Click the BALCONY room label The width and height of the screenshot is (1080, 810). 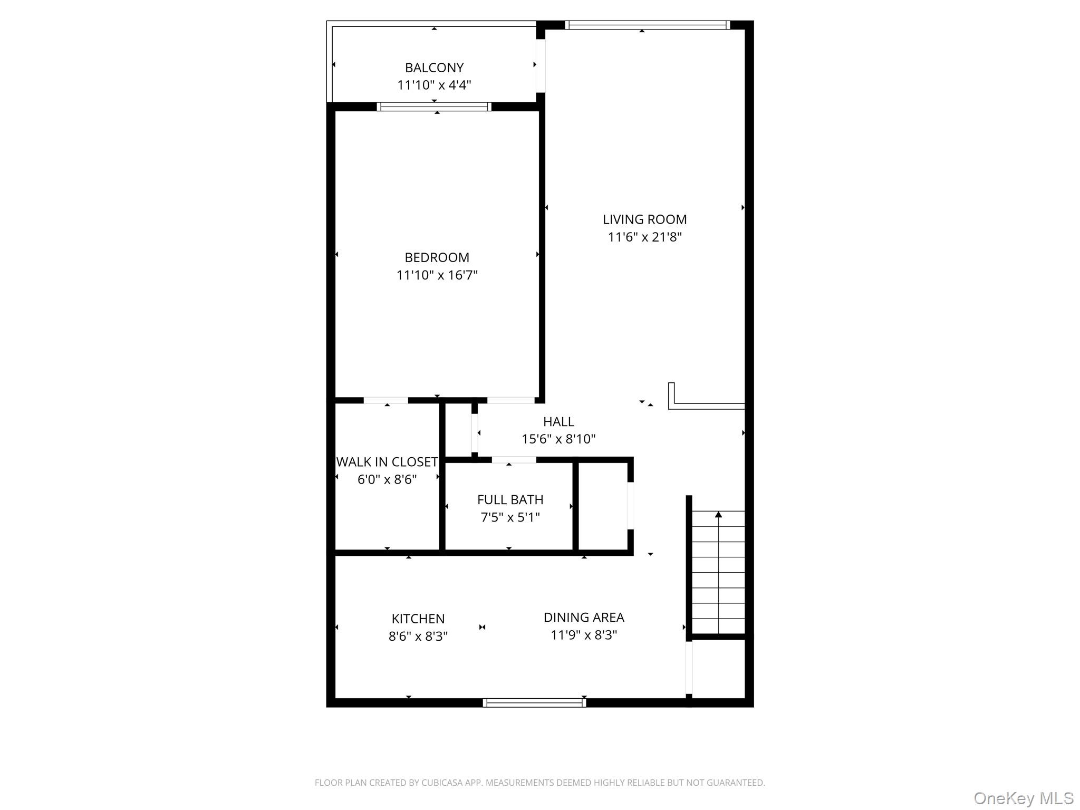[x=434, y=67]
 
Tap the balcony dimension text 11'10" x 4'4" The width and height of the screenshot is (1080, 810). [x=434, y=85]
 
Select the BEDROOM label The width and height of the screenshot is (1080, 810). [x=437, y=257]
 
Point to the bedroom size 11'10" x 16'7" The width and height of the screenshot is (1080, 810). [x=437, y=275]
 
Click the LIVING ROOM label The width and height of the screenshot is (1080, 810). [x=644, y=219]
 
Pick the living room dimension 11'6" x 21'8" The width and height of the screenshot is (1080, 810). [x=644, y=237]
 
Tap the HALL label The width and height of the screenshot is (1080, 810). [x=558, y=421]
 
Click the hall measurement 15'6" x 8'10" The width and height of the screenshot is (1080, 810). [x=558, y=439]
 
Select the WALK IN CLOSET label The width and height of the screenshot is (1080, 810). [x=387, y=462]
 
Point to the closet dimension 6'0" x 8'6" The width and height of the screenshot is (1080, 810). [x=387, y=479]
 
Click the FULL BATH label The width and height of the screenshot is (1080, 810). [x=510, y=499]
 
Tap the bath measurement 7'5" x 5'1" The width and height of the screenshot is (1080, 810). [x=510, y=517]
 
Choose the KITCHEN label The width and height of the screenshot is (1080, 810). [x=418, y=619]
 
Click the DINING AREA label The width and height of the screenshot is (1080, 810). [x=584, y=617]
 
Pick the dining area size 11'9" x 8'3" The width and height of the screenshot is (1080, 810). [x=584, y=634]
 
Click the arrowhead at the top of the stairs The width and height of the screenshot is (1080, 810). [x=718, y=514]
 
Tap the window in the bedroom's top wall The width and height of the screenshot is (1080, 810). [x=434, y=107]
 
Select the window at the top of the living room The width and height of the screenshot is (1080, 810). [x=648, y=25]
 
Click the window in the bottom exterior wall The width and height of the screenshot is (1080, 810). [x=534, y=702]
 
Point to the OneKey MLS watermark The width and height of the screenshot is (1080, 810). [x=1024, y=798]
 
